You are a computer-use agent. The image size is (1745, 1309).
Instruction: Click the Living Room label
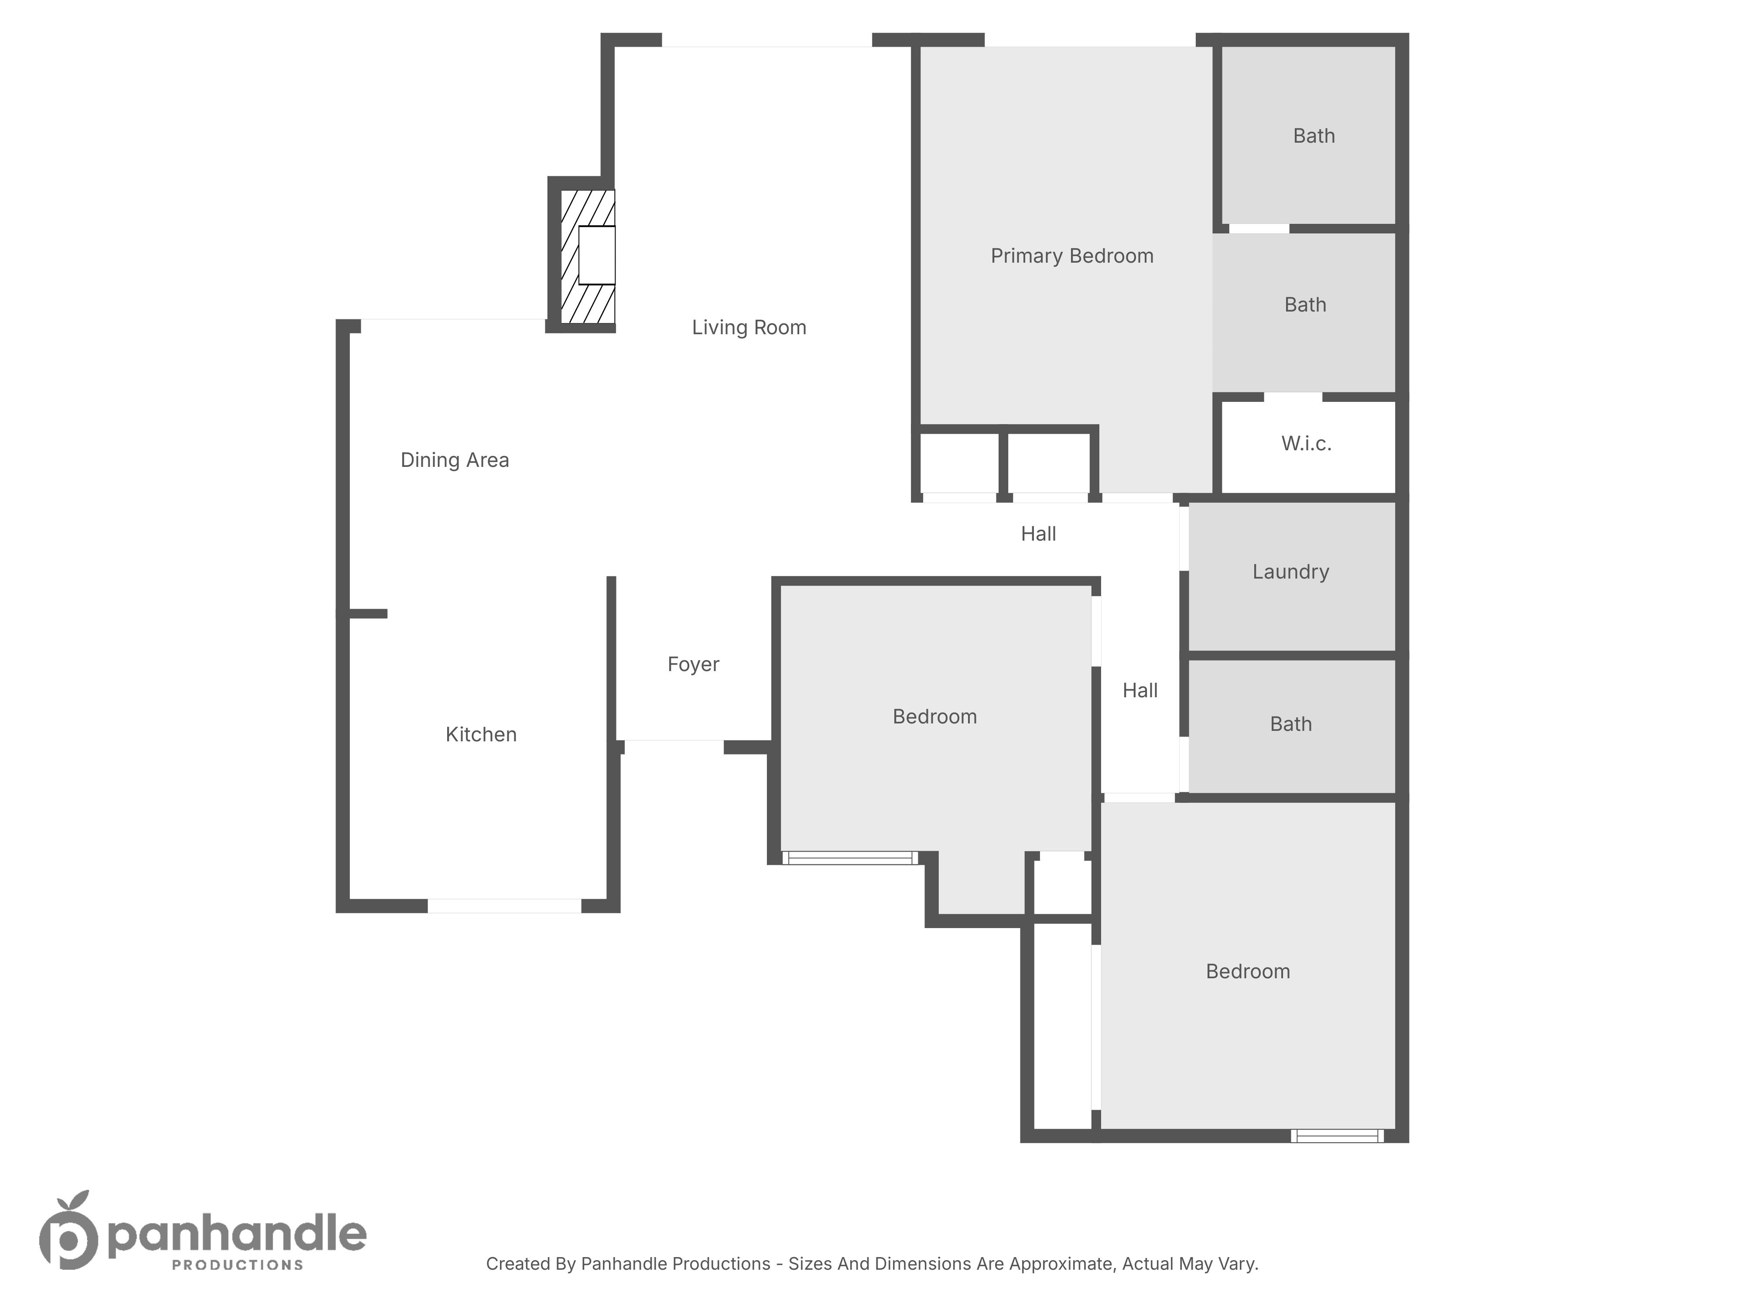[x=749, y=327]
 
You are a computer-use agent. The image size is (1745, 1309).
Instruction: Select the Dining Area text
[x=455, y=460]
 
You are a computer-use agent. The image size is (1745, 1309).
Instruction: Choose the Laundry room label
[x=1290, y=572]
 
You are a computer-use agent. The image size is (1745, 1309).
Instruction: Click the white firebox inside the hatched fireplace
[x=596, y=256]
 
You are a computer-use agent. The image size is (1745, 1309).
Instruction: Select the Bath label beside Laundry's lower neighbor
[x=1290, y=724]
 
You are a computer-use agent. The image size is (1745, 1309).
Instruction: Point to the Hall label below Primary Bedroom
[x=1038, y=534]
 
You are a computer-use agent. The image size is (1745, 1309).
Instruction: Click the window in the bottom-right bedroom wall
[x=1337, y=1136]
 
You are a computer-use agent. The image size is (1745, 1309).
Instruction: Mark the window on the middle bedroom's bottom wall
[x=850, y=858]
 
